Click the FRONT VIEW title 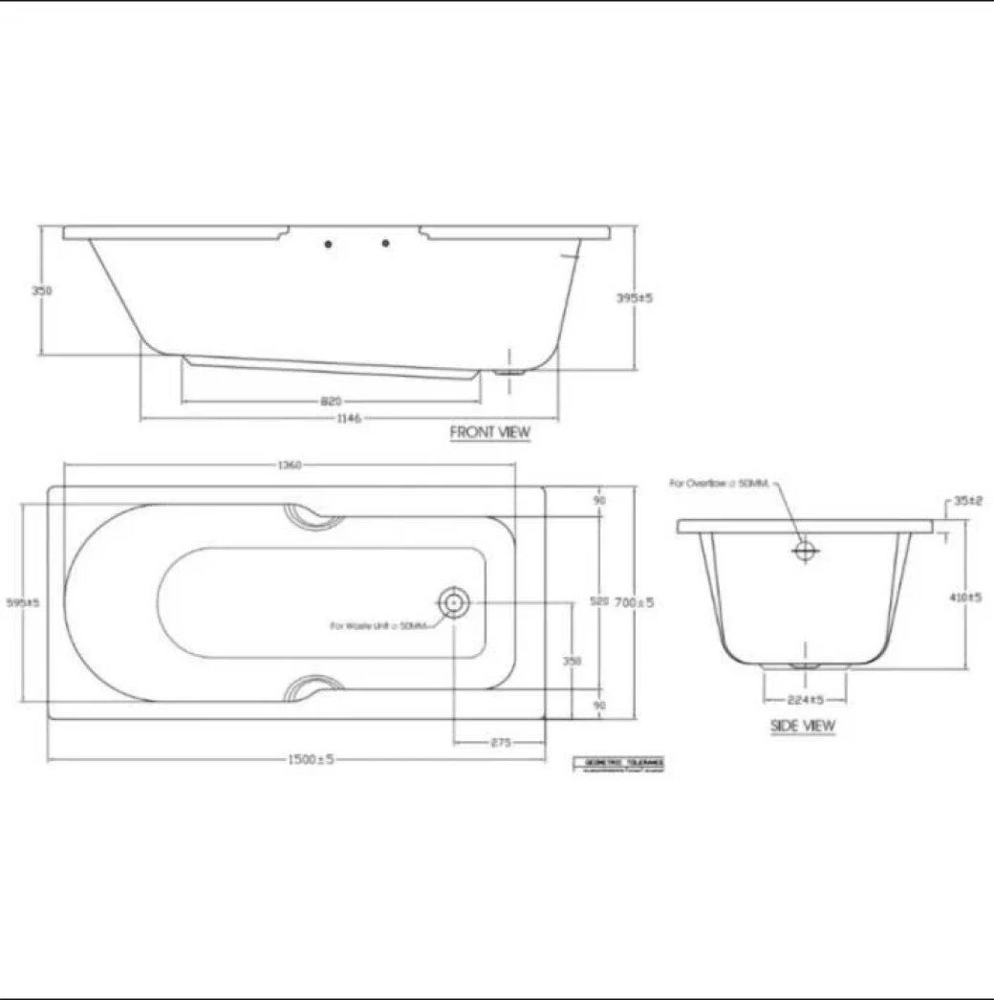(x=489, y=432)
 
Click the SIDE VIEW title (x=803, y=726)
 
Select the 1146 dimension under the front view (x=350, y=419)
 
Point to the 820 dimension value (x=331, y=402)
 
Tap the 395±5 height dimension (x=635, y=298)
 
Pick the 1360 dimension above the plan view (x=290, y=466)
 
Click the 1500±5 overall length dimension (x=311, y=759)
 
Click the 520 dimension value (x=599, y=602)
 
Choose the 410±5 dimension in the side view (x=966, y=598)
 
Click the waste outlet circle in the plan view (x=454, y=602)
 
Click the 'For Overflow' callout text (x=719, y=485)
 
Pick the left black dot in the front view (x=329, y=244)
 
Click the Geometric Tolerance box (x=619, y=763)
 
